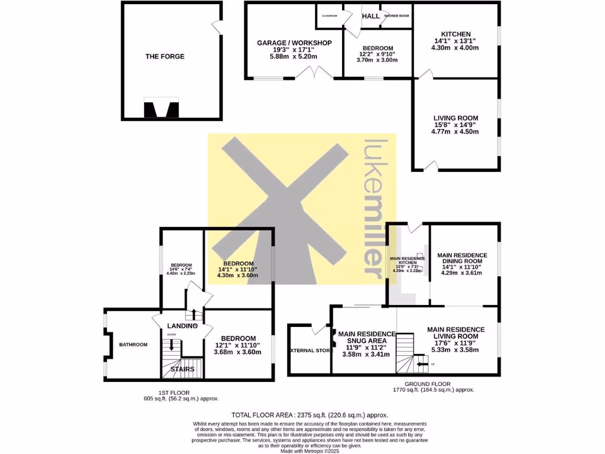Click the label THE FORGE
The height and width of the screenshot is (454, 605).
[x=165, y=57]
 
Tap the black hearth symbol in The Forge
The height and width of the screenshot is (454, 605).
[x=161, y=109]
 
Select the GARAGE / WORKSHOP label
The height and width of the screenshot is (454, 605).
[x=294, y=43]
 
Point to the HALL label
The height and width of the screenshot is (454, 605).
[x=370, y=16]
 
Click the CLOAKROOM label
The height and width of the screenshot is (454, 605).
[x=330, y=16]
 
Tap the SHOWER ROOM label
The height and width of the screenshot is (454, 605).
[x=396, y=16]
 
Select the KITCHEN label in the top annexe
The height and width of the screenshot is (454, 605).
[x=456, y=34]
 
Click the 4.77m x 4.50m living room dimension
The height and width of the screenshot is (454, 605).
[x=456, y=132]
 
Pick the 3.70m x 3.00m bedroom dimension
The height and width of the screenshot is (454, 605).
[x=378, y=60]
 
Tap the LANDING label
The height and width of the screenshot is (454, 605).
[x=182, y=326]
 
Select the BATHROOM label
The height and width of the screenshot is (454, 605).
[x=133, y=345]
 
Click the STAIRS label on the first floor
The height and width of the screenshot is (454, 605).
[x=183, y=369]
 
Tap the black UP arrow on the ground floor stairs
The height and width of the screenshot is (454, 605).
[x=422, y=365]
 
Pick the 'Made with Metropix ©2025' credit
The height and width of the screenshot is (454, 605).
[x=302, y=451]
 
